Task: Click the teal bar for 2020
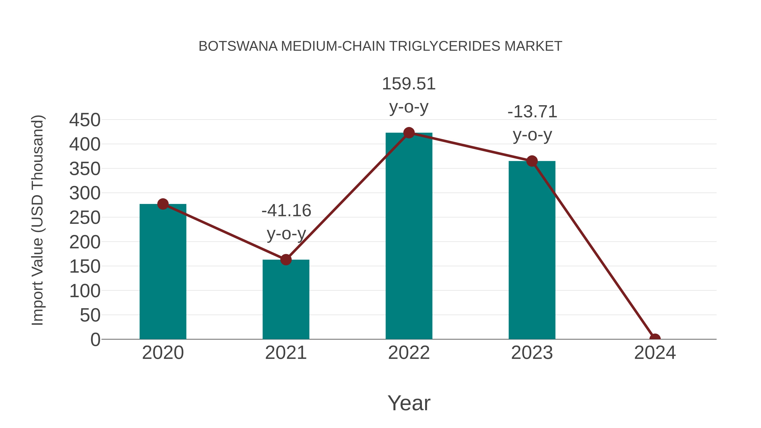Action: [163, 272]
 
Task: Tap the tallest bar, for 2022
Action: [409, 236]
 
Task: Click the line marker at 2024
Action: [655, 339]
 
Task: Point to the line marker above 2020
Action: [163, 204]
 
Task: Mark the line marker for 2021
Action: [286, 260]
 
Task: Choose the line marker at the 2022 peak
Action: [409, 133]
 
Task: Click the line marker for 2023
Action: [532, 161]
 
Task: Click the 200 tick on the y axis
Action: [85, 242]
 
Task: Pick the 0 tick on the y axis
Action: [95, 339]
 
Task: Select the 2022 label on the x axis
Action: [409, 353]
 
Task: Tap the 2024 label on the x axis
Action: [655, 353]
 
